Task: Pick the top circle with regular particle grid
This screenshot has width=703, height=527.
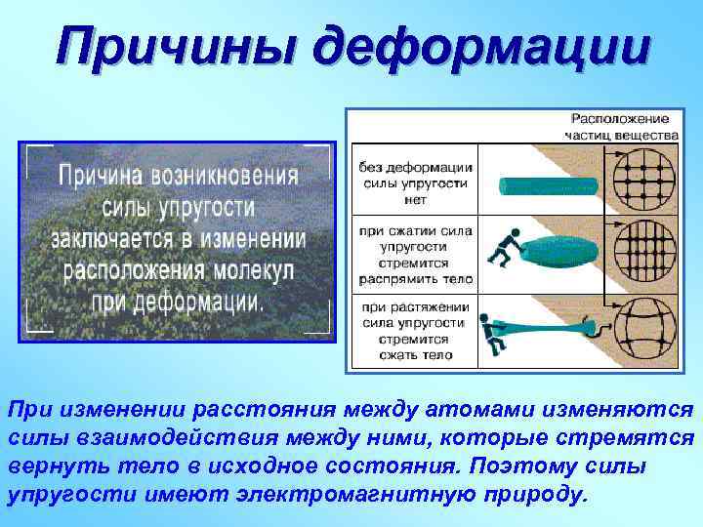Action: coord(644,180)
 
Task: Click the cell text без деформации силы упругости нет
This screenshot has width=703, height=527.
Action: coord(415,182)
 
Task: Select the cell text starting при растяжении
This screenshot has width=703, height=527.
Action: coord(415,330)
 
